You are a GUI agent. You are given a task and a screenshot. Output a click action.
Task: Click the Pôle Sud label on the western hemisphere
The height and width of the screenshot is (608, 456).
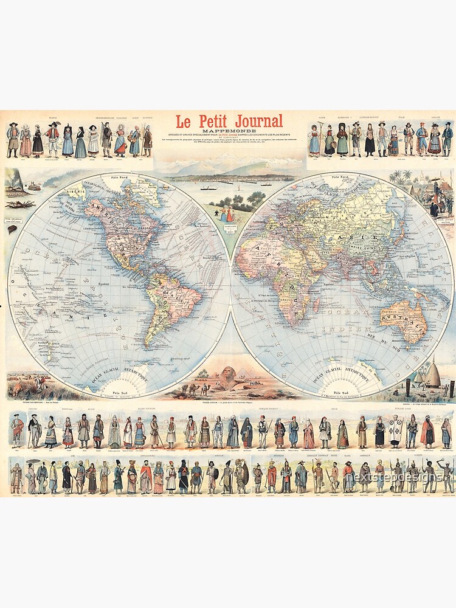point(119,392)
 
